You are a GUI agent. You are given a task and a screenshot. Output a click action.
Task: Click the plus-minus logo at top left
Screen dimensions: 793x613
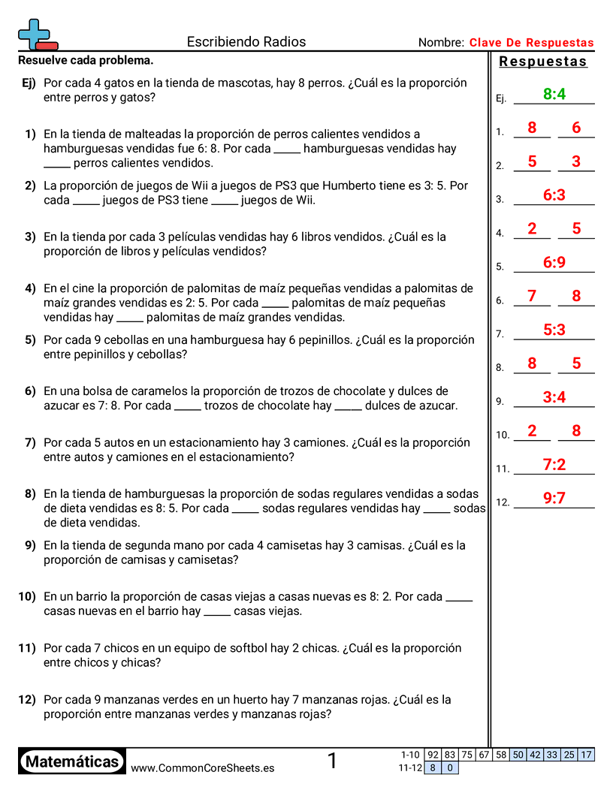[x=37, y=35]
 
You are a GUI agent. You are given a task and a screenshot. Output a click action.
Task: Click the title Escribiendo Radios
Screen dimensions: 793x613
[x=246, y=42]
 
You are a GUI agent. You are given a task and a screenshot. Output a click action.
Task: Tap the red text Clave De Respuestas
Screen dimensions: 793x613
[x=531, y=43]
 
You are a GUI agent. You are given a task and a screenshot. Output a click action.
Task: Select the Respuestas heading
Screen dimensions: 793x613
[x=543, y=62]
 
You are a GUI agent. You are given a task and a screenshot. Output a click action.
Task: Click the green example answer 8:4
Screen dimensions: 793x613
[x=554, y=94]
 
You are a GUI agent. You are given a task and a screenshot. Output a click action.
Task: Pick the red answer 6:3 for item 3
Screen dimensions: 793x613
[x=554, y=195]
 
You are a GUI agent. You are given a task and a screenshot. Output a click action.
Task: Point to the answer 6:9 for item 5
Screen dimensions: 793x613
[x=554, y=263]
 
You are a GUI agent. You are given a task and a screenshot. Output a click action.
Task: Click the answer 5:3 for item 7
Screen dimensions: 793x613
[x=554, y=330]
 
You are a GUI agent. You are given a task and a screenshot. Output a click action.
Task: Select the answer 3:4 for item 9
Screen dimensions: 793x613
[x=554, y=397]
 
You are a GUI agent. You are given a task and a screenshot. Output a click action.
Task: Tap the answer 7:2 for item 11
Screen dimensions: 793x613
[x=554, y=465]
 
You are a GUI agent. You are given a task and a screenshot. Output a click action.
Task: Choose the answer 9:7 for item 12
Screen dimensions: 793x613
[x=554, y=498]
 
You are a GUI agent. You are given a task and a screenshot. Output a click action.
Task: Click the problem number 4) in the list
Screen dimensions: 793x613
[x=30, y=288]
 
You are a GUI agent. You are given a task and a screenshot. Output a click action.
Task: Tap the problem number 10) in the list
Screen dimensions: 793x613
[x=27, y=597]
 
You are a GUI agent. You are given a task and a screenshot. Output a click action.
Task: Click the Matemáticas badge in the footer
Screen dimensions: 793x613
[x=72, y=761]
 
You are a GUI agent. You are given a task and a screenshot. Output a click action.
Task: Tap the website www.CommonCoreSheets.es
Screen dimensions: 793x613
[x=202, y=768]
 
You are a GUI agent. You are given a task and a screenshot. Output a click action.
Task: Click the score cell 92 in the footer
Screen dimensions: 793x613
[x=432, y=755]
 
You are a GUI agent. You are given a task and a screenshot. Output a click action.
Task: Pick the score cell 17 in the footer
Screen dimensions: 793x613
[x=587, y=755]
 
